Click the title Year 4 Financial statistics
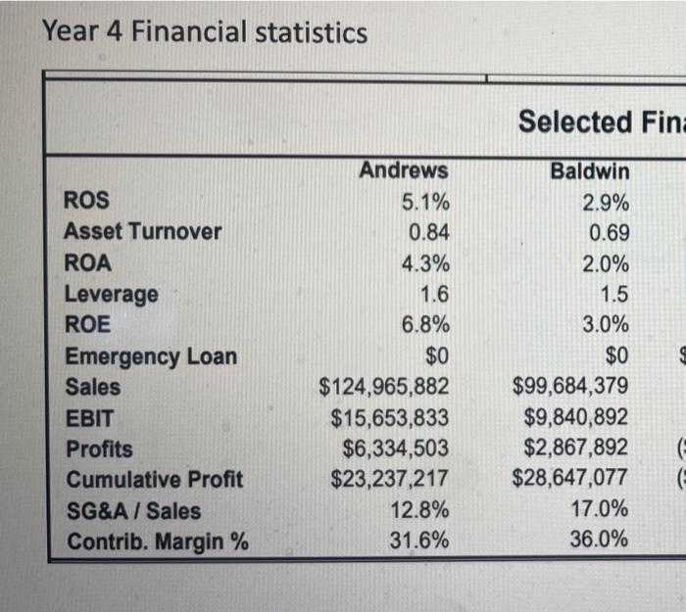pyautogui.click(x=205, y=33)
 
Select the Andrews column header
pyautogui.click(x=403, y=170)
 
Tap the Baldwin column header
pyautogui.click(x=589, y=171)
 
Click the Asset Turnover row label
pyautogui.click(x=142, y=233)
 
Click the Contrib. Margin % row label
pyautogui.click(x=156, y=542)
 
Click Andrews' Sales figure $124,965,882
pyautogui.click(x=384, y=388)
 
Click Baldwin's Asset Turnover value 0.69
pyautogui.click(x=609, y=234)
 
